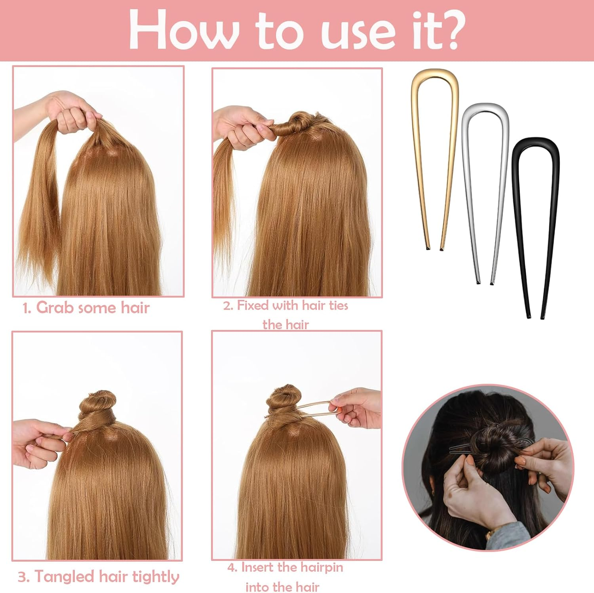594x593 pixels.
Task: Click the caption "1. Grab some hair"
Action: point(86,308)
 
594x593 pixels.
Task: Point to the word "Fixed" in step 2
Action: point(253,305)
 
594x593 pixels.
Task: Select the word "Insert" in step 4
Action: point(258,567)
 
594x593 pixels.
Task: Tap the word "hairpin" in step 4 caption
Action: point(322,567)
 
